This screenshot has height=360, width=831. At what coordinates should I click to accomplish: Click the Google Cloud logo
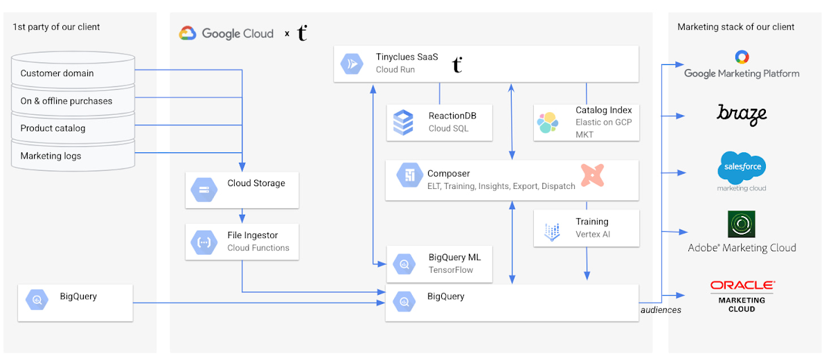click(x=226, y=33)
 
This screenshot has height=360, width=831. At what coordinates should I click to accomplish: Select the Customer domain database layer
click(x=73, y=73)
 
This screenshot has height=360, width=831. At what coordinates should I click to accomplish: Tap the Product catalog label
click(x=53, y=128)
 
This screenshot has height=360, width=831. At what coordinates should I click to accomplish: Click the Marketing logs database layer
click(x=73, y=156)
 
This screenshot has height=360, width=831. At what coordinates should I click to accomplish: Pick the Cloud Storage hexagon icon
click(x=204, y=189)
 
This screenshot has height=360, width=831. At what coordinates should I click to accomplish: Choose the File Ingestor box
click(x=242, y=241)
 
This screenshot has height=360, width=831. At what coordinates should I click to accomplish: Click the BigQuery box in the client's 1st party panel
click(x=75, y=301)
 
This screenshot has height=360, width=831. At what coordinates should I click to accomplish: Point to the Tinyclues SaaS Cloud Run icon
click(x=350, y=64)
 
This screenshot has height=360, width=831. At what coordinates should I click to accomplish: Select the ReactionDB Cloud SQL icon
click(x=403, y=122)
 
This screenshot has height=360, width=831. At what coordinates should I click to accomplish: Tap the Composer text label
click(x=449, y=174)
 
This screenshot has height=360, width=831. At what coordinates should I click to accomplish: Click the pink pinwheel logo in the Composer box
click(x=592, y=176)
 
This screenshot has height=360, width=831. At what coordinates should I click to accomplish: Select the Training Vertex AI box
click(x=586, y=228)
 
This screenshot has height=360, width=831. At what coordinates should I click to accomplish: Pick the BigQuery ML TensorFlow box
click(x=439, y=263)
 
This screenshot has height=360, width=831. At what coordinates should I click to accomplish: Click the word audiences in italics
click(x=661, y=310)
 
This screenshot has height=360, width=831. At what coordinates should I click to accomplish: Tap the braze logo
click(x=742, y=114)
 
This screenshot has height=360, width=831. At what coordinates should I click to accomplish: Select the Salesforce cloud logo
click(x=742, y=168)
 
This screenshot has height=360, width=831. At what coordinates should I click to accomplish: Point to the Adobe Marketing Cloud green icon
click(x=742, y=224)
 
